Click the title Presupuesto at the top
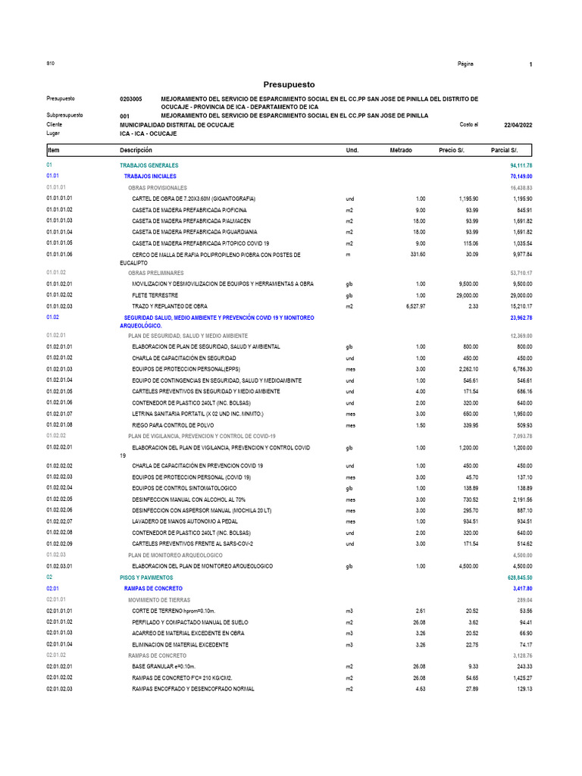point(288,84)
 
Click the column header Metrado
point(400,151)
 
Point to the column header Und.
point(352,151)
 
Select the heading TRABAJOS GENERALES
point(149,164)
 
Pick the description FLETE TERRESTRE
point(155,295)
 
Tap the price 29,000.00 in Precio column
point(462,295)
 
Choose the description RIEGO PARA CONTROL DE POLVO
point(173,425)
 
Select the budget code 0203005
point(131,99)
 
